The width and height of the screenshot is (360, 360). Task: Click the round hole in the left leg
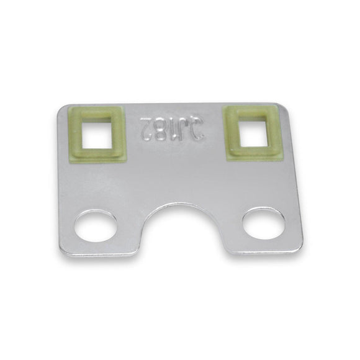[96, 227]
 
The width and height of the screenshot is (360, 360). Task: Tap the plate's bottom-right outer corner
[300, 248]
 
